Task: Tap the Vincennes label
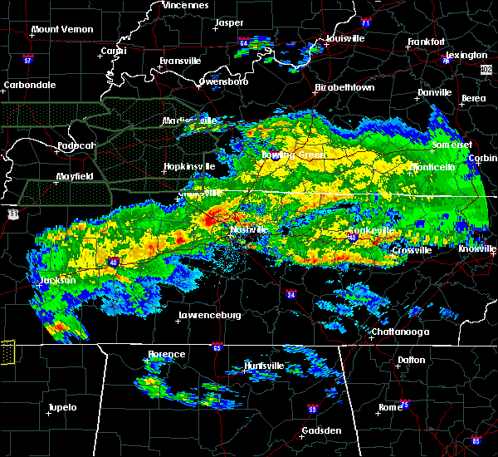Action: [x=185, y=5]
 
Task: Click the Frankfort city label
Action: [x=427, y=42]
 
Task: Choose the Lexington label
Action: [x=469, y=55]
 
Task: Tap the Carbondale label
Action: [x=29, y=85]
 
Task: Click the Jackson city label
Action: [x=58, y=281]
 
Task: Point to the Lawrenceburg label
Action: [x=209, y=316]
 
